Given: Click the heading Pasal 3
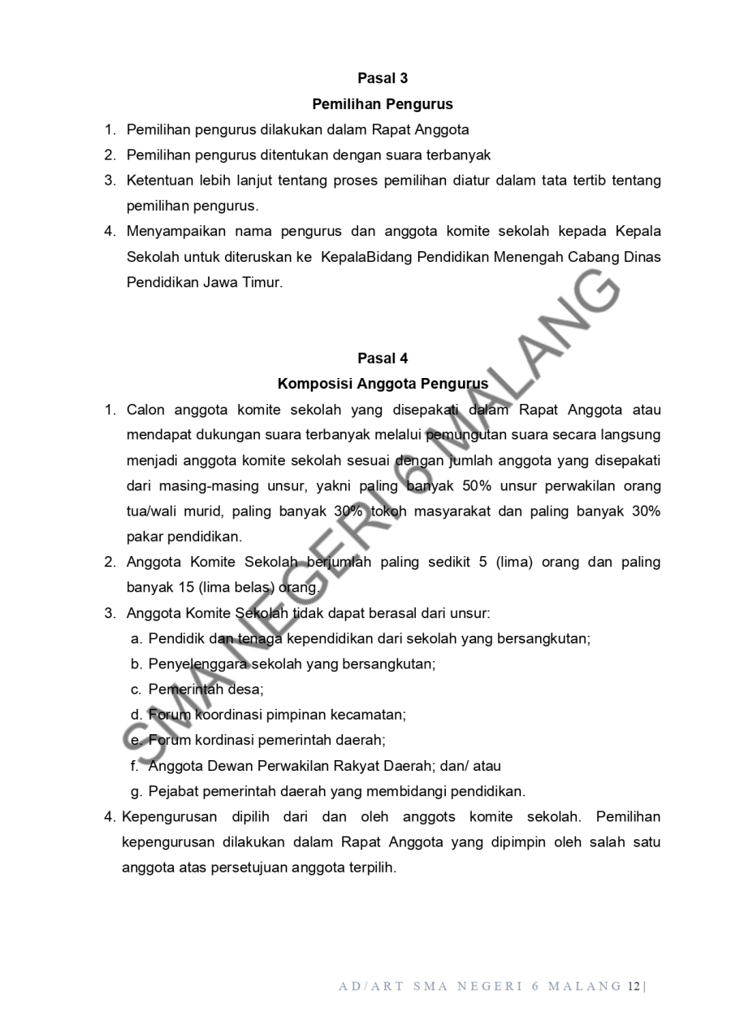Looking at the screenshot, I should coord(383,79).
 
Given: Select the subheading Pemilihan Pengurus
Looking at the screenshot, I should coord(383,104).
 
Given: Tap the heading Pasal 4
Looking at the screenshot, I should coord(383,359).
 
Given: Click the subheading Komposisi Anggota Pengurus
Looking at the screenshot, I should coord(383,384).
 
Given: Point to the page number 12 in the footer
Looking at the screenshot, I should coord(634,987).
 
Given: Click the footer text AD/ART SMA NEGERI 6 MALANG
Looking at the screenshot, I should coord(480,987).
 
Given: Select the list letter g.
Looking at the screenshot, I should coord(136,791).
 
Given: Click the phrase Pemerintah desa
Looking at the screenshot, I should coord(205,689).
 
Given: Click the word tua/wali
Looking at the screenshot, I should coord(152,512).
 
